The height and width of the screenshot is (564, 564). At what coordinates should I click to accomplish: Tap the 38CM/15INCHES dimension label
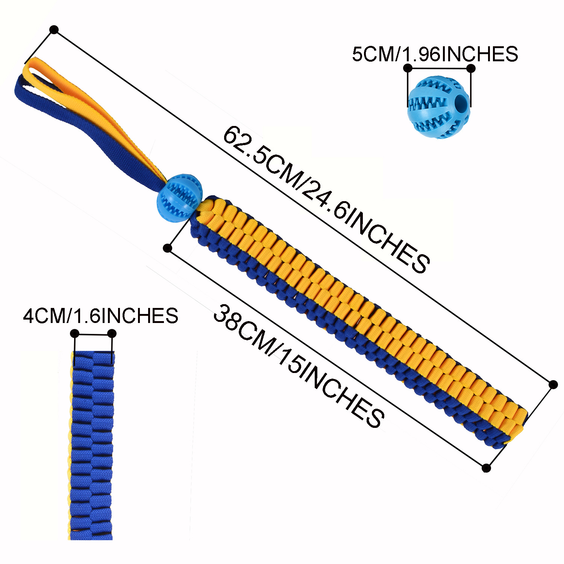[x=299, y=367]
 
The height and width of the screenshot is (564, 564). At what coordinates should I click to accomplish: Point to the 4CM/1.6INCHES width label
[x=100, y=315]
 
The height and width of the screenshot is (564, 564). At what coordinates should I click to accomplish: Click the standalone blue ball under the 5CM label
[x=438, y=107]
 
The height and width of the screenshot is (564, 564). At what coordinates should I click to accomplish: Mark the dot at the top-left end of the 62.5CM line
[x=54, y=30]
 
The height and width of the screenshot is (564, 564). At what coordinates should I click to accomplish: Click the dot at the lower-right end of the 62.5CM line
[x=553, y=384]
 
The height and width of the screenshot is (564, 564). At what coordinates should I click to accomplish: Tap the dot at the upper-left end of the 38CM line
[x=168, y=248]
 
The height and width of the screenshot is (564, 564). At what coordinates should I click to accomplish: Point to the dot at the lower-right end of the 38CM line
[x=486, y=468]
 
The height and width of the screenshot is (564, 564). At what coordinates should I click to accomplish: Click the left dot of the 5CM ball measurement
[x=408, y=68]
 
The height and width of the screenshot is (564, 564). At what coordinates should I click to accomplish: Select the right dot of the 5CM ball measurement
[x=471, y=68]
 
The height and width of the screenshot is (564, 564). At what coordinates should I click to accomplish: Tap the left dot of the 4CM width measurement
[x=75, y=333]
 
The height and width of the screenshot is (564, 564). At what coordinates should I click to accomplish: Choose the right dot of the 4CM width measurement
[x=112, y=334]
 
